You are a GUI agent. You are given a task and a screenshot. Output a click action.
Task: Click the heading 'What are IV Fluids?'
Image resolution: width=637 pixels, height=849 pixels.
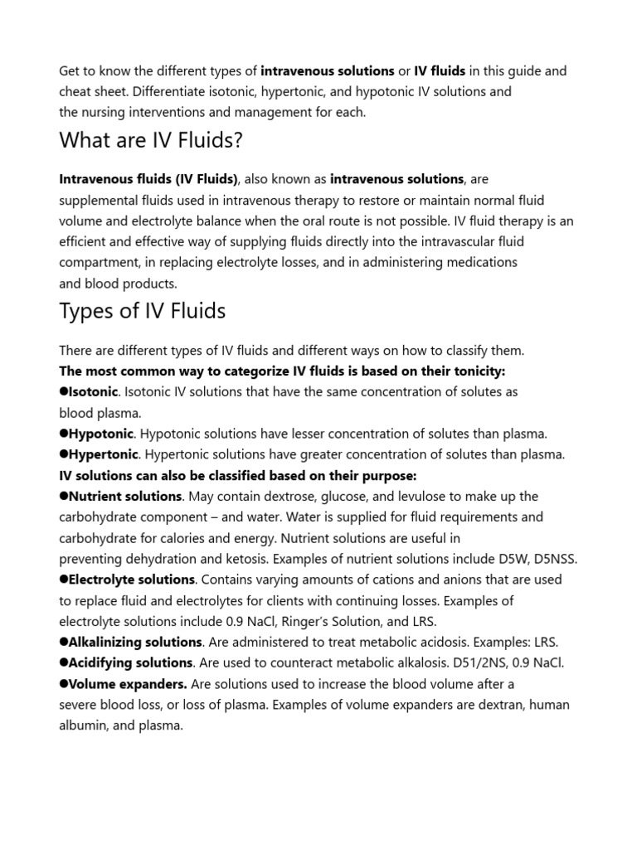151,140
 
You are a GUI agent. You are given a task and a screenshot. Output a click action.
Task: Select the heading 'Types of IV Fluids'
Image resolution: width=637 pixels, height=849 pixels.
142,312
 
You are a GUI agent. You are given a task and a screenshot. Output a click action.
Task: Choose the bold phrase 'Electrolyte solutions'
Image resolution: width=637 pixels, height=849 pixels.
131,580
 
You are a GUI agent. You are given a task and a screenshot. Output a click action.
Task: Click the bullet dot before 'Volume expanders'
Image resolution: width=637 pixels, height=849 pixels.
63,684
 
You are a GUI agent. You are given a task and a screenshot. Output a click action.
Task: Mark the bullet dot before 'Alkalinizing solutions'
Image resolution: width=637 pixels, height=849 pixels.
63,642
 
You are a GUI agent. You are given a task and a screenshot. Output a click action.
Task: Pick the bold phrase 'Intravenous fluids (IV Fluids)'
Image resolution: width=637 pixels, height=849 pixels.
148,178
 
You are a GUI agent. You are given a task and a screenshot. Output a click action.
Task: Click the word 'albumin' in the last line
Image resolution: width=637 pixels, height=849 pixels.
81,725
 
